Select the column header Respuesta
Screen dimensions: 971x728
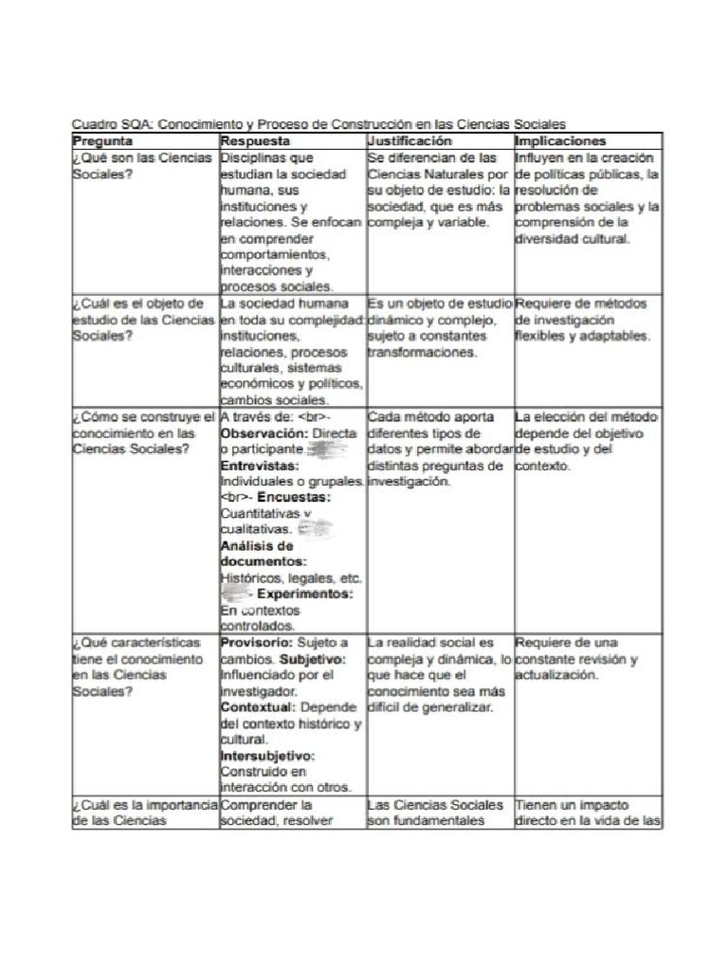point(255,140)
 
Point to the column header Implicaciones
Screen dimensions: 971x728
point(559,140)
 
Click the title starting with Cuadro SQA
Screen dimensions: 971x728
point(318,123)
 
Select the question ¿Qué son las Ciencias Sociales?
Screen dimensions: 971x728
point(142,166)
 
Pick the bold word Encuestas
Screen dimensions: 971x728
point(294,497)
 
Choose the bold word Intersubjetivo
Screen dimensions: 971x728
point(267,756)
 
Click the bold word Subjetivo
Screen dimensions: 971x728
point(315,658)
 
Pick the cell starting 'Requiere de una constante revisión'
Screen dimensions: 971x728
point(577,658)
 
